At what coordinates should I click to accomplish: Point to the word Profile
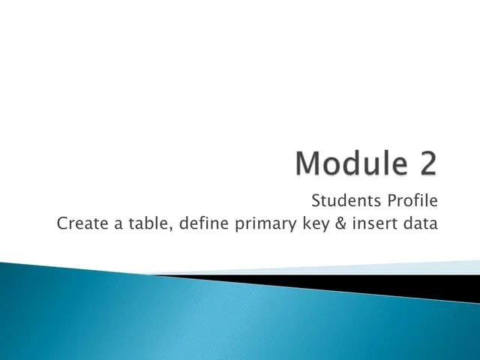[x=411, y=201]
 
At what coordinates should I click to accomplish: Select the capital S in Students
[x=315, y=201]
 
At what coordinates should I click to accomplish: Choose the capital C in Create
[x=62, y=223]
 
